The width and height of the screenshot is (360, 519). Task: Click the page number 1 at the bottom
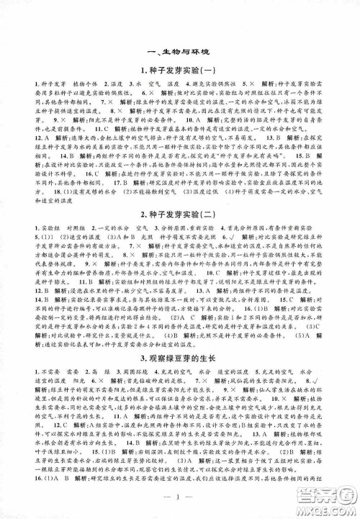pos(180,501)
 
